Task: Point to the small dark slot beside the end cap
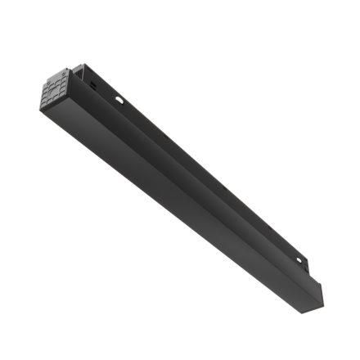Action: (x=92, y=82)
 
